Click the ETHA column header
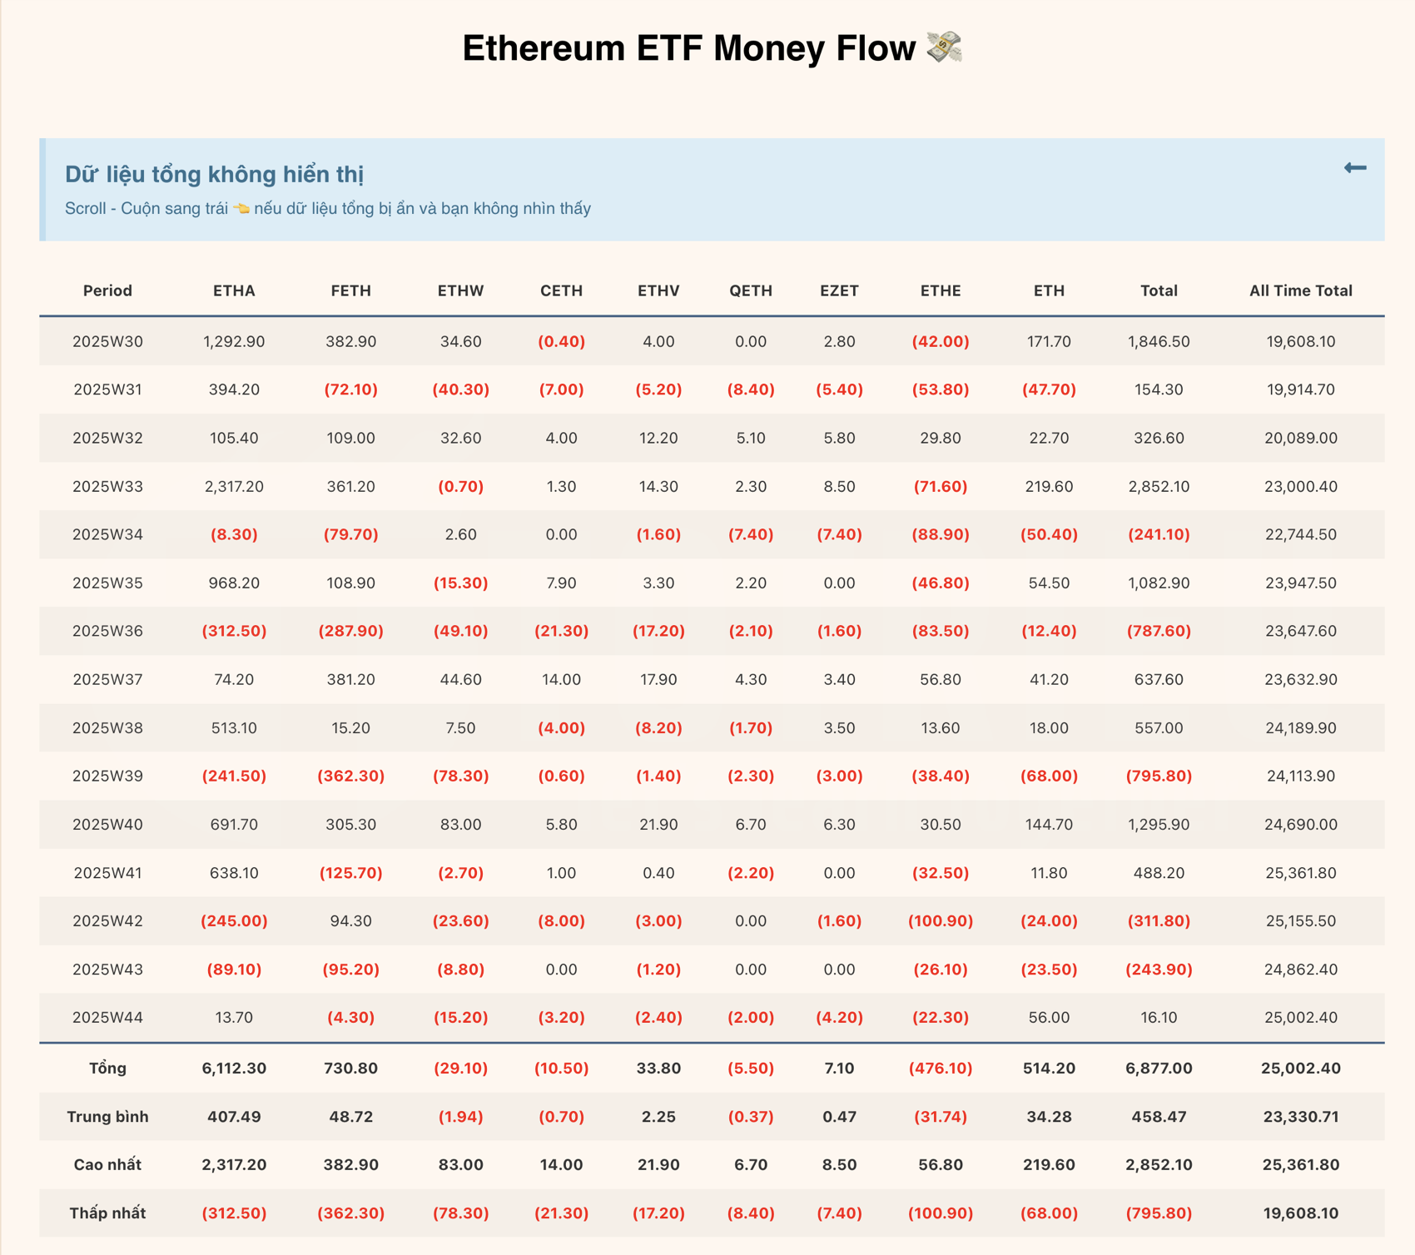click(234, 290)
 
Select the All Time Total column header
click(1300, 290)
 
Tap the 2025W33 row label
click(107, 486)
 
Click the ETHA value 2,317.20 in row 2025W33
click(234, 486)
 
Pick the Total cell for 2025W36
click(1159, 631)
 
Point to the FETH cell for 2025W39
click(350, 776)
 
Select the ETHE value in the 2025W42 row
click(941, 920)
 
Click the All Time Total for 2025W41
click(1300, 873)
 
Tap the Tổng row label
click(107, 1068)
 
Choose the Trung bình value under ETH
click(1049, 1116)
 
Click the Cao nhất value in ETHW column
click(460, 1164)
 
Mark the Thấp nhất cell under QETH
click(751, 1213)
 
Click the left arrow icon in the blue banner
click(1355, 168)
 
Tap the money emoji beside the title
click(945, 47)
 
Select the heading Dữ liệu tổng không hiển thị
click(215, 174)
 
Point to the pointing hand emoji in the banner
click(241, 209)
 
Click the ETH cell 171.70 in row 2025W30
click(1049, 341)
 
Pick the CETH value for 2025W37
click(561, 679)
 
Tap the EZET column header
click(839, 290)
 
